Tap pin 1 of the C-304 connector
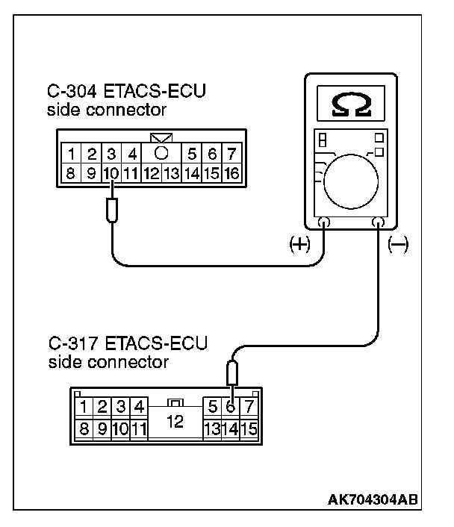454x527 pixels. tap(72, 155)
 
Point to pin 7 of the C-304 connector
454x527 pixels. tap(232, 155)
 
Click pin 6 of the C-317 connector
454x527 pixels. tap(231, 407)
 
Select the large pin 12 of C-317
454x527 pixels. tap(175, 420)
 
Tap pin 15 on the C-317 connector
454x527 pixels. tap(250, 430)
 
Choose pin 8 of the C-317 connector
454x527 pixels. tap(85, 430)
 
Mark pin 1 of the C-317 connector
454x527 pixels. tap(85, 407)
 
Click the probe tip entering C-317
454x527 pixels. tap(232, 371)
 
